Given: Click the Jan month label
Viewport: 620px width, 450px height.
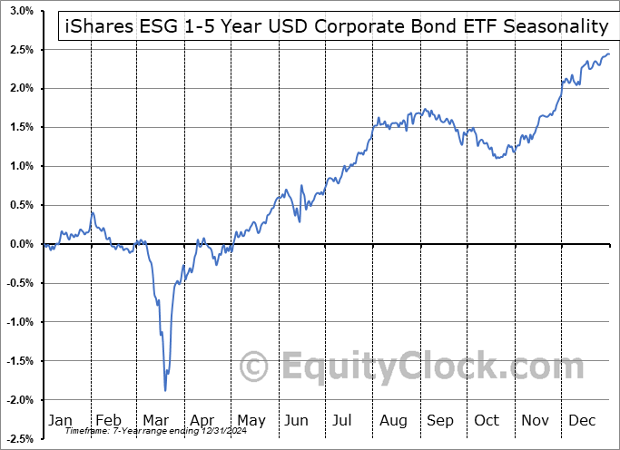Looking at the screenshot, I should tap(59, 421).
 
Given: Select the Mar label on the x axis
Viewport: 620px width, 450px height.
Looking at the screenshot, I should tap(154, 421).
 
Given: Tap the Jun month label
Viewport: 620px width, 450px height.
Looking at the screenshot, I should tap(296, 421).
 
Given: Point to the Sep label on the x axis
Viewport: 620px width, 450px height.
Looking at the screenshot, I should tap(439, 421).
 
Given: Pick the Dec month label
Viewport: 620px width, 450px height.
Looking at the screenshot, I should tap(583, 421).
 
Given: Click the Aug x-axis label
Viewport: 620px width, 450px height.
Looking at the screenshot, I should tap(392, 421).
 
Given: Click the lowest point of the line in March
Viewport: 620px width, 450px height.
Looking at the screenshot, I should tap(165, 390).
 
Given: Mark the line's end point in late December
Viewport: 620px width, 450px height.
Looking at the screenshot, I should tap(609, 54).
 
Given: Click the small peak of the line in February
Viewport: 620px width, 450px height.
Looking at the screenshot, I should tap(93, 212).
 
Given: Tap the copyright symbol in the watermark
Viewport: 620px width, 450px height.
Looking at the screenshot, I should tap(254, 367).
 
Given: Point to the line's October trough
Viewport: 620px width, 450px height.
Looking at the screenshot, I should tap(497, 158).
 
